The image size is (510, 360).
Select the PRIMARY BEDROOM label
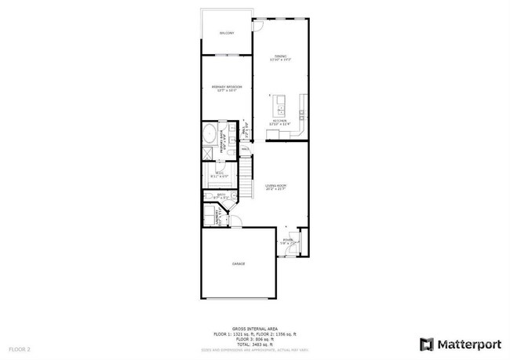[x=227, y=87]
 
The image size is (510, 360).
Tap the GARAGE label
[x=238, y=264]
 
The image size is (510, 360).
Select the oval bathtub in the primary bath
[x=209, y=133]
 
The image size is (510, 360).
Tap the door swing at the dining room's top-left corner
[x=256, y=24]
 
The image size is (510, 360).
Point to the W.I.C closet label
[x=220, y=175]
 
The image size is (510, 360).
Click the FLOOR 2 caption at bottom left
[x=20, y=348]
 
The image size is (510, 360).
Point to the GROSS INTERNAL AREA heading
[x=254, y=329]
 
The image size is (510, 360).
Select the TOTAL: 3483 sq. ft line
[x=254, y=346]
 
